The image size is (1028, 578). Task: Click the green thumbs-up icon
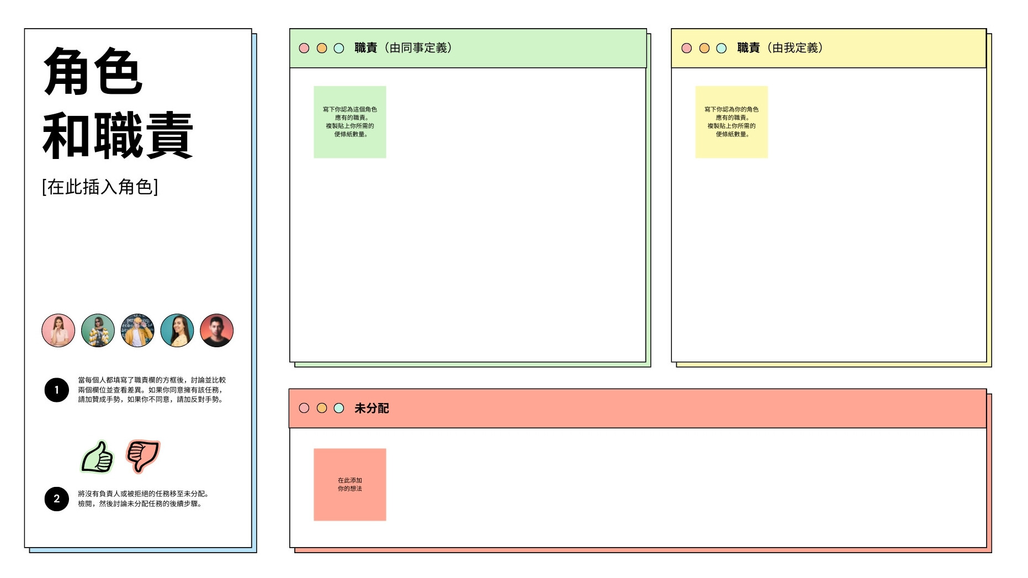tap(97, 457)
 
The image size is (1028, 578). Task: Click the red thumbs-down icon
tap(143, 455)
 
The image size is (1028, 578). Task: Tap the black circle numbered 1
tap(56, 390)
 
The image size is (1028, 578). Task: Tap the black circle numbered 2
tap(56, 499)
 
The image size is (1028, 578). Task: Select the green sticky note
tap(350, 122)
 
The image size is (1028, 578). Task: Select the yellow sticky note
tap(732, 122)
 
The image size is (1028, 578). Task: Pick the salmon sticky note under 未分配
tap(350, 485)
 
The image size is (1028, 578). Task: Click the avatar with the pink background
tap(58, 330)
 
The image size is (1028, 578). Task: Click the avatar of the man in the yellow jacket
tap(137, 330)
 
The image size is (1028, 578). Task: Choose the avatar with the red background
tap(216, 330)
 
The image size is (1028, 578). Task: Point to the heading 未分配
tap(372, 408)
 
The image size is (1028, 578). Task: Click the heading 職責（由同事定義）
tap(404, 48)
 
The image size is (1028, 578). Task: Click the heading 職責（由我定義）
tap(781, 48)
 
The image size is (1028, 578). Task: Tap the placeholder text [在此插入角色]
tap(100, 187)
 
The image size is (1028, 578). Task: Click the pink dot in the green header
tap(304, 48)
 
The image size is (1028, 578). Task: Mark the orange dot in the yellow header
tap(704, 48)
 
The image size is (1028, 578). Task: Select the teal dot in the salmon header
tap(339, 408)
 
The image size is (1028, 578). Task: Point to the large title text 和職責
tap(118, 135)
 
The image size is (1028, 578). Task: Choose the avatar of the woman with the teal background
tap(177, 330)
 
